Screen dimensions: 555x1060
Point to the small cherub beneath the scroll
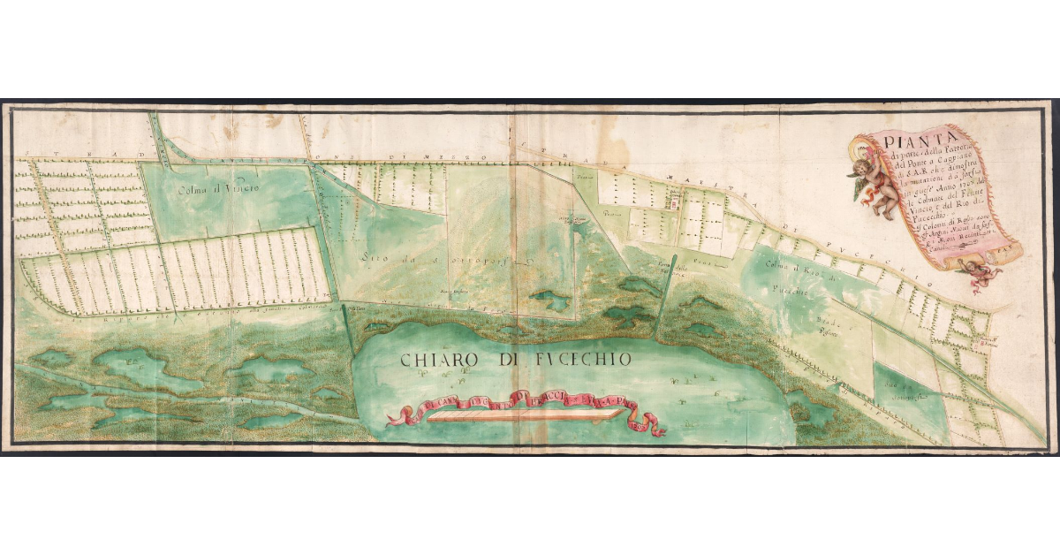pyautogui.click(x=984, y=275)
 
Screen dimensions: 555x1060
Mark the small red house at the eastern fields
pyautogui.click(x=991, y=345)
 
